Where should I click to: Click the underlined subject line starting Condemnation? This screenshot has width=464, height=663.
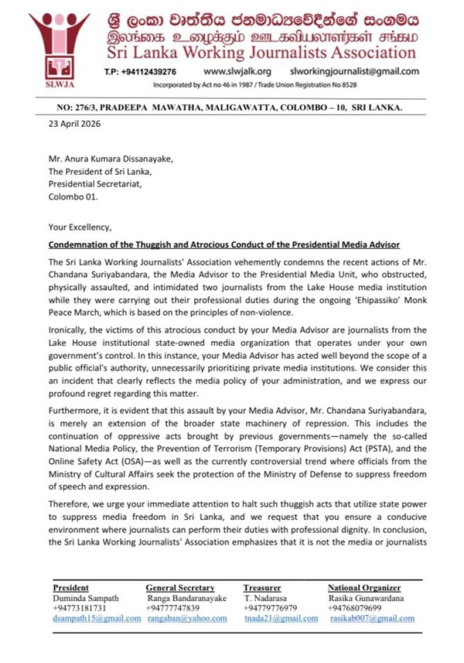pyautogui.click(x=223, y=244)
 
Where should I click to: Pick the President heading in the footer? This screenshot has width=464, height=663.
pyautogui.click(x=70, y=588)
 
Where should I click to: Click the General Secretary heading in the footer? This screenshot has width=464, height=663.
pyautogui.click(x=179, y=588)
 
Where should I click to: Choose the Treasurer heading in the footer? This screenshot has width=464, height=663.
pyautogui.click(x=261, y=588)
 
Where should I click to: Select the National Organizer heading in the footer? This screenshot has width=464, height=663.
pyautogui.click(x=364, y=588)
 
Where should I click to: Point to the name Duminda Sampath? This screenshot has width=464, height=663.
pyautogui.click(x=86, y=598)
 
